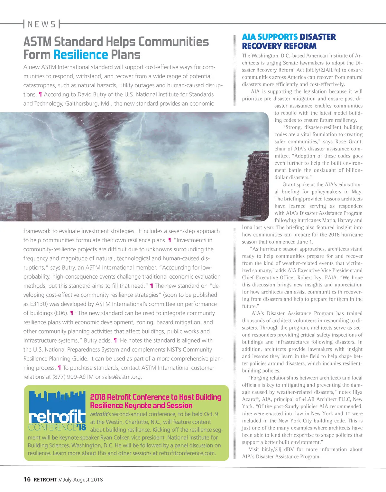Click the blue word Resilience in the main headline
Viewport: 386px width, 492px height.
tap(80, 55)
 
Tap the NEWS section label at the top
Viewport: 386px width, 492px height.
tap(41, 24)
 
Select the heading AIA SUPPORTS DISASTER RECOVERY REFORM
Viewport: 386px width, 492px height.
tap(289, 41)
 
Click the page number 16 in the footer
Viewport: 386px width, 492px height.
tap(27, 479)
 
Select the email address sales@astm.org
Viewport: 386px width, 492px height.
tap(122, 377)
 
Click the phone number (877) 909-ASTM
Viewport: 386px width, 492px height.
tap(73, 377)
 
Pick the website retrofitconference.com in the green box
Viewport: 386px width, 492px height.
tap(187, 453)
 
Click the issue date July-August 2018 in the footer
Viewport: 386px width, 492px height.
tap(83, 479)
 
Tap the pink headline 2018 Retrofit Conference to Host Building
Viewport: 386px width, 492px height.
tap(155, 397)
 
